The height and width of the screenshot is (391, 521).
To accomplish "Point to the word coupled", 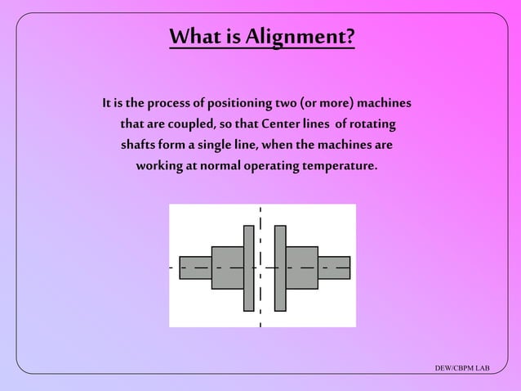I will point(191,124).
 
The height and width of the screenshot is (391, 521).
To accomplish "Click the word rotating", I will point(371,124).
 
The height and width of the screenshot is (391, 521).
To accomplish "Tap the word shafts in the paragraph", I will point(139,145).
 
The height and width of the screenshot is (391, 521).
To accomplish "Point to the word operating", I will point(270,165).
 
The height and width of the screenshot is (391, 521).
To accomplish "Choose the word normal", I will point(215,165).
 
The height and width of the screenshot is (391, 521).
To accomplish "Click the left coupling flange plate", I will point(248,267).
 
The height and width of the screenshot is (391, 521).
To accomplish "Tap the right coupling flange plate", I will point(280,267).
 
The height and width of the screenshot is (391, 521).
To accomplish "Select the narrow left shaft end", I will point(195,267).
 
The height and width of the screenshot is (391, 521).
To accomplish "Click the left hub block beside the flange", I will point(227,267).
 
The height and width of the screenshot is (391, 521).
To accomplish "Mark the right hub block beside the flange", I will point(301,267).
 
